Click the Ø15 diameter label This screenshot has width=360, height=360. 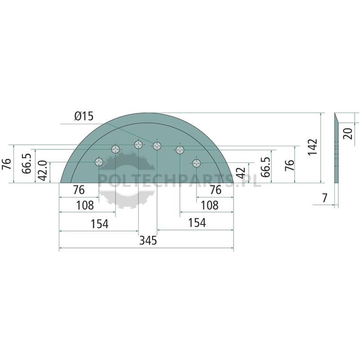tap(84, 117)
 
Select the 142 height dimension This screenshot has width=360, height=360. tap(312, 147)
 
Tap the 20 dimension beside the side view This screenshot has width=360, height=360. tap(347, 133)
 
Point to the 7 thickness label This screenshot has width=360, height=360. tap(324, 198)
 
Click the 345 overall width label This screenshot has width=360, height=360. tap(148, 240)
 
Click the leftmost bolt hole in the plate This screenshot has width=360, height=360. tap(99, 162)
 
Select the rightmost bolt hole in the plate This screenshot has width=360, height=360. tap(196, 163)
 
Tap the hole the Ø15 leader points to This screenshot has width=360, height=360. tap(157, 145)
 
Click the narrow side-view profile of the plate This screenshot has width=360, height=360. tap(336, 148)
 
